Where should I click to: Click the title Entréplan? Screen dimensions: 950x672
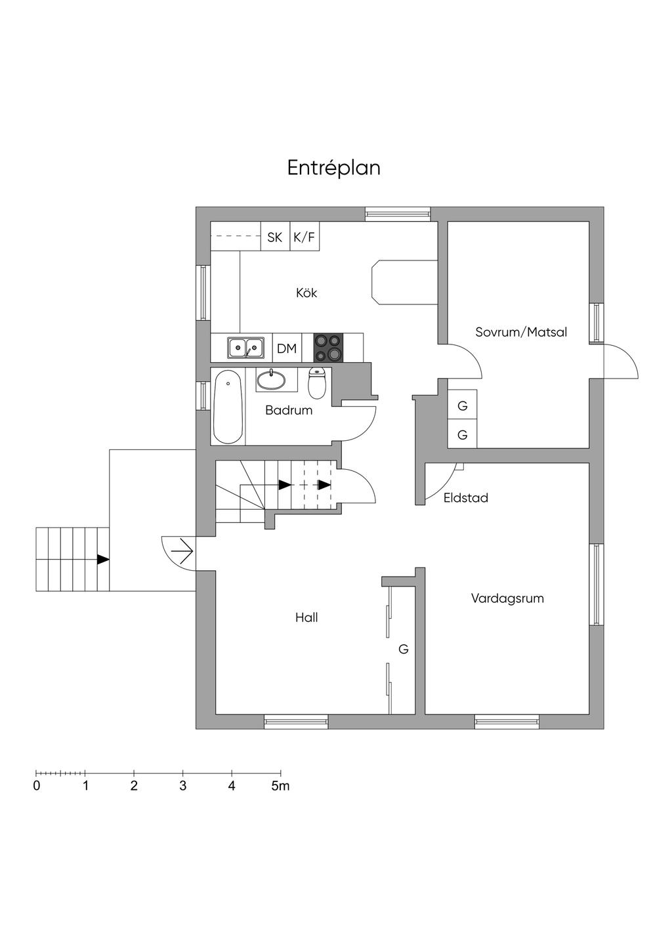coord(333,168)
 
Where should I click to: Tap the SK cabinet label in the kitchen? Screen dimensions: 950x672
coord(274,237)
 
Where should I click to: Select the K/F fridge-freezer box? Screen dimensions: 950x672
coord(304,237)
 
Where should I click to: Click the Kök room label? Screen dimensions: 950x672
coord(306,293)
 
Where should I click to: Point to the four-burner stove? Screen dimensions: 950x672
coord(328,348)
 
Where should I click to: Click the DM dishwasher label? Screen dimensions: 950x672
coord(287,349)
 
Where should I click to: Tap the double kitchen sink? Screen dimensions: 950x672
coord(246,347)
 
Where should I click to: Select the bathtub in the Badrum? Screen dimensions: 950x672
coord(228,407)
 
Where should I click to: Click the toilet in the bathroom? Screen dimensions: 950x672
coord(318,384)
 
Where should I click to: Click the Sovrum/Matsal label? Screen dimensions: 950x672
coord(521,332)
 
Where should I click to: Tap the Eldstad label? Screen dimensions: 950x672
coord(465,498)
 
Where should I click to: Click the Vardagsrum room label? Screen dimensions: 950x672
coord(507,598)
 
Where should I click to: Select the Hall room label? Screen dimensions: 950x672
coord(306,617)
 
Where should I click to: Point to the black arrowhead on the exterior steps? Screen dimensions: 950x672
coord(103,560)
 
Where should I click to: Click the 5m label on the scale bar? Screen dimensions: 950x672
coord(280,786)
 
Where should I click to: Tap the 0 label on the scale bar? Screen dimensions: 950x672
coord(37,786)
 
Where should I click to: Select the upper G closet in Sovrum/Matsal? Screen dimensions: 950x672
coord(463,406)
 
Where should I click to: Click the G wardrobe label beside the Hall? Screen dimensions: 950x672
coord(404,650)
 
